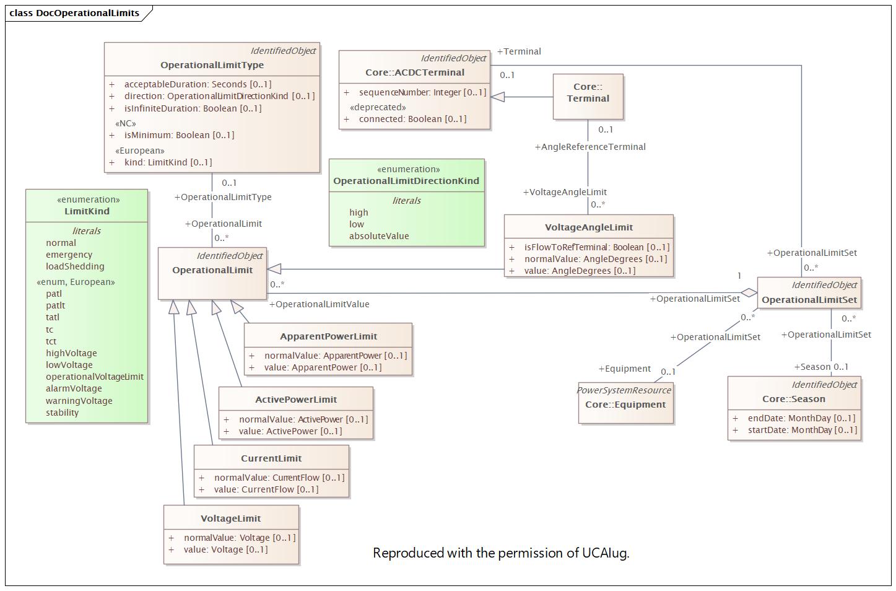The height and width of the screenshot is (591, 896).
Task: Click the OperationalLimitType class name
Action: tap(212, 65)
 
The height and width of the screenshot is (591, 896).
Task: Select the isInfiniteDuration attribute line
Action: tap(193, 108)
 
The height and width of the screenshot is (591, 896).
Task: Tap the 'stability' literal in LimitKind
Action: tap(62, 413)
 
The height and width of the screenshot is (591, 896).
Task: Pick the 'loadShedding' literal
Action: tap(75, 266)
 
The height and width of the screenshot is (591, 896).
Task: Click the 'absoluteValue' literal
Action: tap(379, 236)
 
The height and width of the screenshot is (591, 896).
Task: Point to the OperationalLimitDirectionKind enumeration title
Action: tap(406, 181)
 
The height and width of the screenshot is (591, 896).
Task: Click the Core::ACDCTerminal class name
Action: tap(415, 72)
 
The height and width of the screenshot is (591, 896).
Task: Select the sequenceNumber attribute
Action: tap(422, 92)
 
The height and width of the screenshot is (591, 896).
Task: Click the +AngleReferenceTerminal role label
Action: tap(590, 147)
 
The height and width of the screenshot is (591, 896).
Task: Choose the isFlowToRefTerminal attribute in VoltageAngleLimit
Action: tap(596, 247)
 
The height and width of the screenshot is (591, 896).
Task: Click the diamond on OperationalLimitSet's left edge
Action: tap(749, 292)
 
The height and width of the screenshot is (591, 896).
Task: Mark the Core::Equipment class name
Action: tap(625, 405)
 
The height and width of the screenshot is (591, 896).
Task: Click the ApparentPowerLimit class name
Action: tap(328, 336)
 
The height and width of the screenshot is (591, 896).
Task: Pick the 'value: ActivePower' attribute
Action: tap(290, 431)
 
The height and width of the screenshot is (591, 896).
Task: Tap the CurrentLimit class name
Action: tap(271, 458)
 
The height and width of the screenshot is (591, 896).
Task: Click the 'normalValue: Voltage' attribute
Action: tap(239, 538)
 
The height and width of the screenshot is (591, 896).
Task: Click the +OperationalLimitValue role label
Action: tap(319, 304)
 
